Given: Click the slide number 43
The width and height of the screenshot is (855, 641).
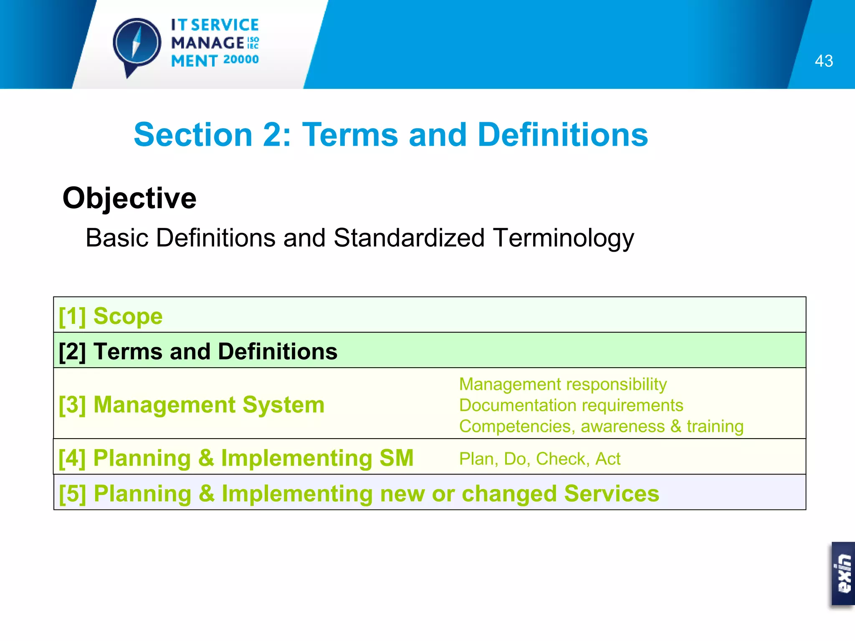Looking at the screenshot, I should [x=823, y=61].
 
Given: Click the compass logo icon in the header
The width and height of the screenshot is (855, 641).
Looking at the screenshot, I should [x=137, y=43].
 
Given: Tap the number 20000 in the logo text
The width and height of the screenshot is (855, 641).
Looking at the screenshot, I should [x=241, y=60].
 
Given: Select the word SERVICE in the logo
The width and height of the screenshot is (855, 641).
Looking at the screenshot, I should [x=225, y=25].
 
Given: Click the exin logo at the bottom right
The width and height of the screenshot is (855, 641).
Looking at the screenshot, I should [x=843, y=573].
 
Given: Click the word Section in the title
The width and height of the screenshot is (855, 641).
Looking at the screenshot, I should [x=193, y=135].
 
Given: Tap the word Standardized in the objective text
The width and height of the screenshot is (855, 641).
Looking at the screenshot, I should [x=409, y=238].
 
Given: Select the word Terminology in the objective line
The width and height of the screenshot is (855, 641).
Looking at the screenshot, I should [x=563, y=238].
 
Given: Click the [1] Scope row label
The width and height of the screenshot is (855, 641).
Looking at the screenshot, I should [x=111, y=316].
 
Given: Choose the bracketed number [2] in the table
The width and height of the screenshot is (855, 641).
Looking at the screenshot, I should [x=72, y=351].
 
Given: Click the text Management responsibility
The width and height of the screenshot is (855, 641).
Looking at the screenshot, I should [x=563, y=384].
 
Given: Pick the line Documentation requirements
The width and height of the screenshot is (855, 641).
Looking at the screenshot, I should [x=571, y=405].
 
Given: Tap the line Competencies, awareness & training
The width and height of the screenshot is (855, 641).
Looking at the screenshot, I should [x=601, y=426].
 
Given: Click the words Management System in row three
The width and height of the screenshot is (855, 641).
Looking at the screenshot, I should [x=209, y=405].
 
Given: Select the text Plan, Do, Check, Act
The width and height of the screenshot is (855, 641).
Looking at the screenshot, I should [x=539, y=459].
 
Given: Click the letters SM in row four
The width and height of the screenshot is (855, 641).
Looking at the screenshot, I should [x=396, y=458].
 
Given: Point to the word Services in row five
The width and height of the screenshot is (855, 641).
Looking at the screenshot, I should [x=612, y=493].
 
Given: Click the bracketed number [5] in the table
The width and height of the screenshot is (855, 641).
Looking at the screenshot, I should [x=72, y=494].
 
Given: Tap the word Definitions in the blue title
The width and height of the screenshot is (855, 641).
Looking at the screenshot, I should [x=562, y=135].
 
